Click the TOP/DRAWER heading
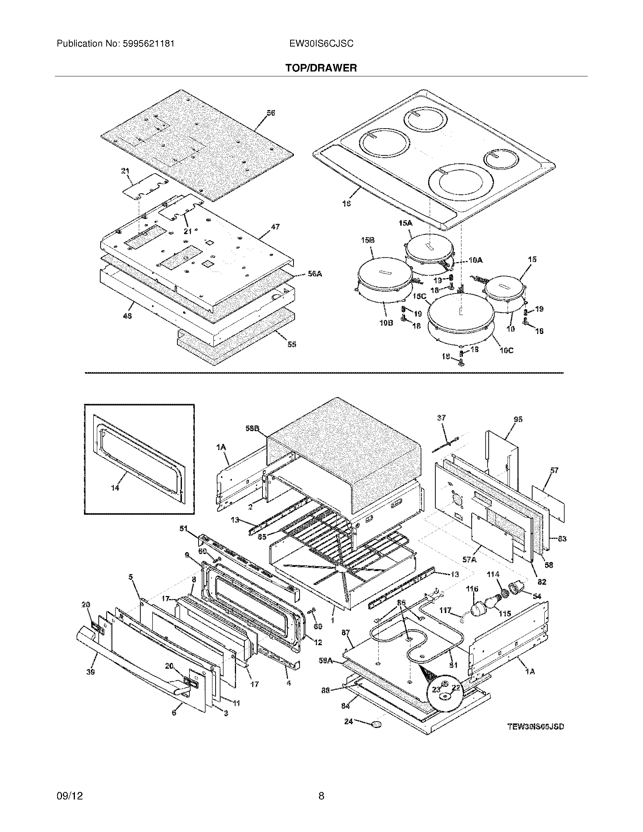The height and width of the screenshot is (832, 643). [x=321, y=68]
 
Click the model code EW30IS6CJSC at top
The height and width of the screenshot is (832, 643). [x=321, y=44]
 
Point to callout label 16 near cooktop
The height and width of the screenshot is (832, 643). [x=346, y=204]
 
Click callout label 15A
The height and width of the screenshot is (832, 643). [x=406, y=223]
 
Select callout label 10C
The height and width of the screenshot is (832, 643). [x=506, y=350]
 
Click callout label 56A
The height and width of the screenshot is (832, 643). [x=315, y=274]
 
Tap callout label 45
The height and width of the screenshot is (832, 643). [x=127, y=316]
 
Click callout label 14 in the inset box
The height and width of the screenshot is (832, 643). [x=115, y=487]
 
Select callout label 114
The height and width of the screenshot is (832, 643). [x=492, y=574]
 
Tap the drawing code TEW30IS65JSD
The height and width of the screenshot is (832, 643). [x=536, y=726]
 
